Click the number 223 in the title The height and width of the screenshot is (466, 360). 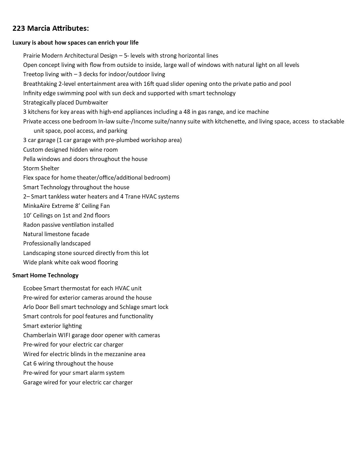point(19,28)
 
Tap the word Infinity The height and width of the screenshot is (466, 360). point(32,93)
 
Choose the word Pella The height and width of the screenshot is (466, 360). point(29,159)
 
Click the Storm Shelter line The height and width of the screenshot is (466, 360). point(41,168)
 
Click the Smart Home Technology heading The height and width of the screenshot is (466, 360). point(45,275)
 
